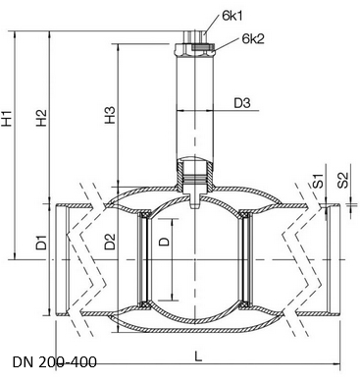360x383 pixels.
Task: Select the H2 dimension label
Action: pos(41,118)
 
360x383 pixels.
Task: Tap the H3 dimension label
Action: pos(110,115)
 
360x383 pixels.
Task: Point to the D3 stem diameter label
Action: pos(242,103)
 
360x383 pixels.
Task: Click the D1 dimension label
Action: pos(41,243)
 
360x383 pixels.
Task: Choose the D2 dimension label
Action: pos(110,242)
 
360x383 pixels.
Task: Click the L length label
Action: pos(198,356)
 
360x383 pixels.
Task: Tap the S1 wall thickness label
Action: pos(318,181)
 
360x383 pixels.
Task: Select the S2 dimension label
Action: pos(343,180)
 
